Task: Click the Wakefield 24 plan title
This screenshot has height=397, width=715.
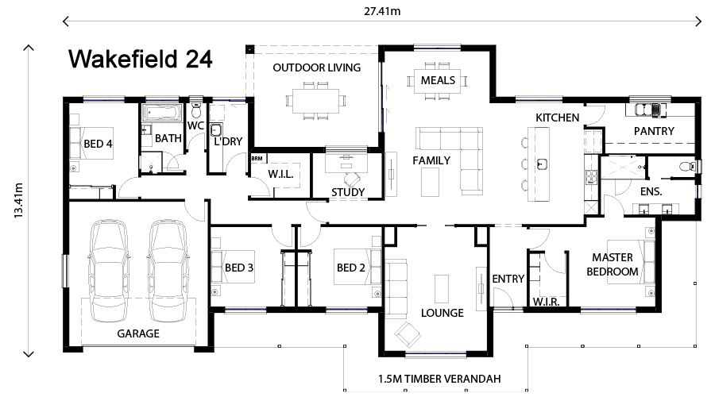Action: (140, 60)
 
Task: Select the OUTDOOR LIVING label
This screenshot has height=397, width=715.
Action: (316, 67)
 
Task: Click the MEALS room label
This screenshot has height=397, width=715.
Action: (438, 80)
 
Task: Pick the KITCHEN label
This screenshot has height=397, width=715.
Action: (558, 118)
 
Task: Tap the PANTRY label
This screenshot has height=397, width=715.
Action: (654, 131)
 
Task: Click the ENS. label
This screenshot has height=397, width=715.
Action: (651, 191)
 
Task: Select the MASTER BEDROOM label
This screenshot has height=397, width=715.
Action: (612, 264)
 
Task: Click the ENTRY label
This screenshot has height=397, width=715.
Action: (508, 279)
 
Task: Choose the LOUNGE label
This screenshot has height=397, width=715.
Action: (443, 313)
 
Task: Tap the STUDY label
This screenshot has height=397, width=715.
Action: (348, 192)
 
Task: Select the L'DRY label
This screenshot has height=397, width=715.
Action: (228, 141)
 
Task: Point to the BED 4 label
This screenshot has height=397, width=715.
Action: (98, 145)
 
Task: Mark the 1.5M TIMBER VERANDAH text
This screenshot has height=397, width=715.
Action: (439, 379)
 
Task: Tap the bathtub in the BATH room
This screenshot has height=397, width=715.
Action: (162, 112)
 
